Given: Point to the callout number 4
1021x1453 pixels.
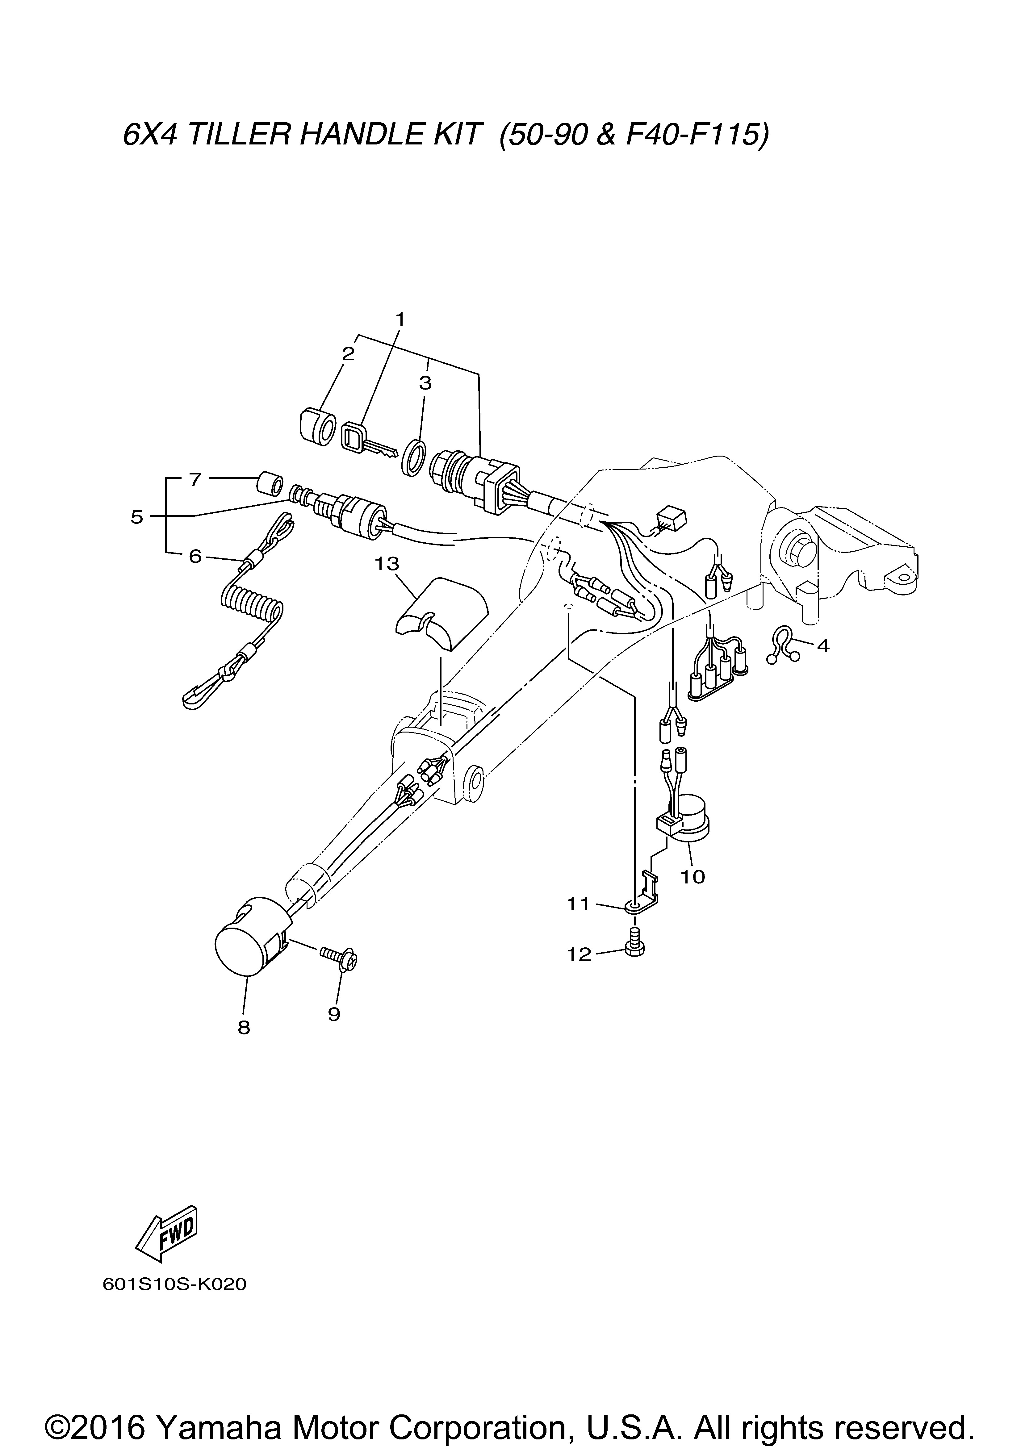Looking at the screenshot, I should (822, 646).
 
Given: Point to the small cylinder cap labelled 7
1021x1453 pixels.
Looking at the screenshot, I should (268, 485).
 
